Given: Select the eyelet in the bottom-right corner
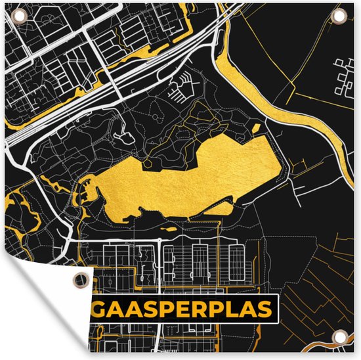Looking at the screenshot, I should pyautogui.click(x=341, y=341).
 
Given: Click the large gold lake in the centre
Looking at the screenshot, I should pyautogui.click(x=190, y=177).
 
